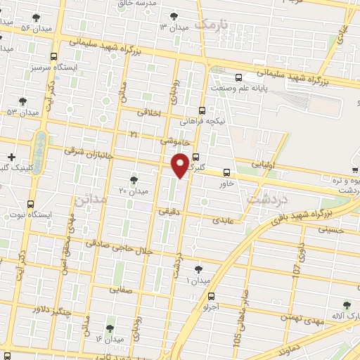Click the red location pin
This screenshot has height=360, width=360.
pos(181,165)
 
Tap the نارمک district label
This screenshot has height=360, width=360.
pos(213,26)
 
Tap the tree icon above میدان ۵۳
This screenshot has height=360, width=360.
pos(22,102)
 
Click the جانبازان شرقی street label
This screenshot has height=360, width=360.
pos(83,150)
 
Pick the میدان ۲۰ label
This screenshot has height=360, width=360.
pos(134,191)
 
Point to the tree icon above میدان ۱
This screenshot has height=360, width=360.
pos(199,269)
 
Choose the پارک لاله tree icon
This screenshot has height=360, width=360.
pos(345,304)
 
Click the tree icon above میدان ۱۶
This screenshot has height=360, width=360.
pos(110,328)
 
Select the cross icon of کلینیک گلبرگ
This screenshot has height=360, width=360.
pos(10,156)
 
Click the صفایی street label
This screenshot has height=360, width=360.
pos(121,288)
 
